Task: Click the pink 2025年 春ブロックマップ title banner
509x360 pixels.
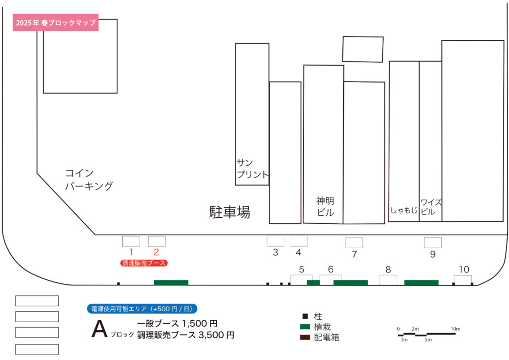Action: click(56, 22)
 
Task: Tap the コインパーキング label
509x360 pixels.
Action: click(89, 180)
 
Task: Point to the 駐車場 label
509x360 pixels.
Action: click(230, 212)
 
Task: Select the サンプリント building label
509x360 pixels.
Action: click(253, 169)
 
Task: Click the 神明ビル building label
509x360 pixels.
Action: click(325, 206)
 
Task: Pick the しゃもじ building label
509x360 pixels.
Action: click(404, 210)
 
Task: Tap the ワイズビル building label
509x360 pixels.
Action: click(431, 207)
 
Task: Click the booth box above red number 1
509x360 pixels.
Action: click(131, 241)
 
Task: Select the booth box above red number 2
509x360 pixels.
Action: click(157, 241)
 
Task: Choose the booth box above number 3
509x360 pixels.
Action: click(275, 241)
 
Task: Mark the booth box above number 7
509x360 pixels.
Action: click(354, 243)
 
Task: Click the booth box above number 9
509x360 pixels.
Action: click(433, 243)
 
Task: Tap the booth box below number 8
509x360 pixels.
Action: click(388, 280)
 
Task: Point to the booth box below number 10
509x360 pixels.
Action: click(463, 280)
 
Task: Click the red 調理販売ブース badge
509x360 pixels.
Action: click(144, 263)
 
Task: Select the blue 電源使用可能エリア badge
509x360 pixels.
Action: click(142, 309)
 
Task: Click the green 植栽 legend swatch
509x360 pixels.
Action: click(305, 327)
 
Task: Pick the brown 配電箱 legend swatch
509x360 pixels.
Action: click(305, 337)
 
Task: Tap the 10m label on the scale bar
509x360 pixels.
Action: click(455, 329)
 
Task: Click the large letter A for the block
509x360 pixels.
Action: click(99, 329)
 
